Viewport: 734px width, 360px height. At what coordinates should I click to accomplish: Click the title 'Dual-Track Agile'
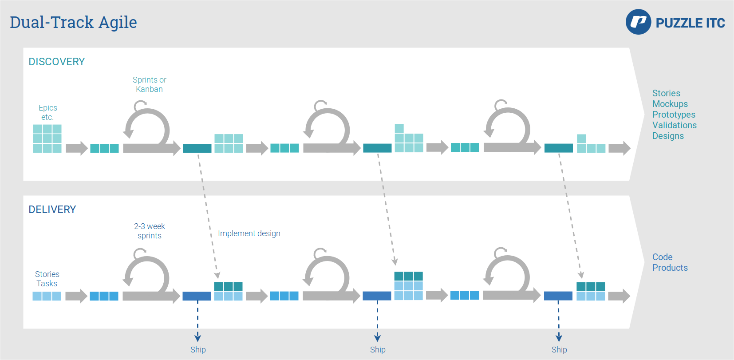[73, 22]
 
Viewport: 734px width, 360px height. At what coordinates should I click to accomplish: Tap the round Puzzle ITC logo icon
[638, 22]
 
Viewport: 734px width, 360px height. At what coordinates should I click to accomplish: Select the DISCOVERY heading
[57, 62]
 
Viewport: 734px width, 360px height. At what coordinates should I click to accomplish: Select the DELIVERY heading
[52, 210]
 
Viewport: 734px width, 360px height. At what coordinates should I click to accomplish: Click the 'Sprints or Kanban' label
[150, 84]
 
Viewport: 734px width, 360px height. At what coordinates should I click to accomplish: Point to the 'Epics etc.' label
[47, 112]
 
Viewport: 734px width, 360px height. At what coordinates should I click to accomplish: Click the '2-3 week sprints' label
[150, 231]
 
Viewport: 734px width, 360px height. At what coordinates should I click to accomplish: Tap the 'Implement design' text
[249, 233]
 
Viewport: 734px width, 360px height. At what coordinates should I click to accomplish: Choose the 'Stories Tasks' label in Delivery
[47, 279]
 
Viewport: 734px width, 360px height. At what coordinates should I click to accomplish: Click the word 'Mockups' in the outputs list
[670, 104]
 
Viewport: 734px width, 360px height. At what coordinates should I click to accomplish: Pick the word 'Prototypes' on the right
[674, 115]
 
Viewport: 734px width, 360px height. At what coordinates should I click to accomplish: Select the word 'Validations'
[675, 125]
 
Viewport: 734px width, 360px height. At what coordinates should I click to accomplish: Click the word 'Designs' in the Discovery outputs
[668, 136]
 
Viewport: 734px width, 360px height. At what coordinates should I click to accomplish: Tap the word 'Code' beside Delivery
[662, 257]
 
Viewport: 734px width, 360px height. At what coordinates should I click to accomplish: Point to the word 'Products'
[670, 268]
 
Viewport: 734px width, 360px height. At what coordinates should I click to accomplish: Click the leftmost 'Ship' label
[198, 350]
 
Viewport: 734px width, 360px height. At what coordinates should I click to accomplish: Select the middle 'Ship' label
[378, 350]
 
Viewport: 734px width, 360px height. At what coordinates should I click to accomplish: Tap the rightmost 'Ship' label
[559, 350]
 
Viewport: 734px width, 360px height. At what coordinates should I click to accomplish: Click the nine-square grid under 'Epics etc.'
[47, 138]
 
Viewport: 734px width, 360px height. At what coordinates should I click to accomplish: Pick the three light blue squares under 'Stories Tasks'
[47, 296]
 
